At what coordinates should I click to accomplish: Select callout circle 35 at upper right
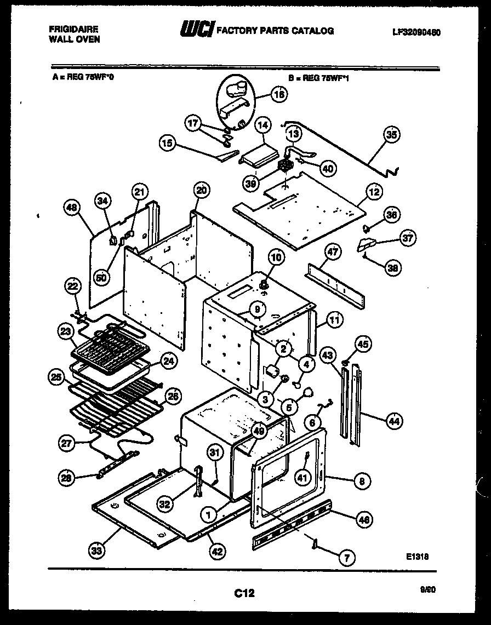click(392, 134)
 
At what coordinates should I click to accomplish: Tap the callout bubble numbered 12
click(374, 192)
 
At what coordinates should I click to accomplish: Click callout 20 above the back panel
click(201, 190)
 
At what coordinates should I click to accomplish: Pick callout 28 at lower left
click(67, 478)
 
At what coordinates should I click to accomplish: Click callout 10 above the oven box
click(276, 257)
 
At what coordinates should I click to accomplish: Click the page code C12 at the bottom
click(244, 593)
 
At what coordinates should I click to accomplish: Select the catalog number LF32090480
click(416, 32)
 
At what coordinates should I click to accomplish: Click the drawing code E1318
click(418, 556)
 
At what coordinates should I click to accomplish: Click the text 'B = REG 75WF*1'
click(318, 78)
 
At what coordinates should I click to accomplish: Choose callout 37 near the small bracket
click(407, 238)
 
